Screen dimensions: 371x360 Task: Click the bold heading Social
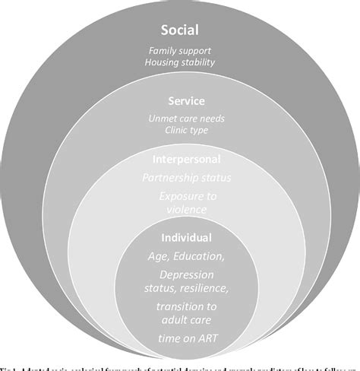pos(179,30)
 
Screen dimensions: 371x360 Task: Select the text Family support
pos(179,51)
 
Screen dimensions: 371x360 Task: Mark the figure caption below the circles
pos(180,366)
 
